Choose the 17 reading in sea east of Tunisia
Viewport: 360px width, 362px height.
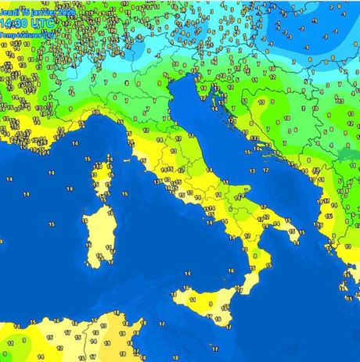click(163, 322)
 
